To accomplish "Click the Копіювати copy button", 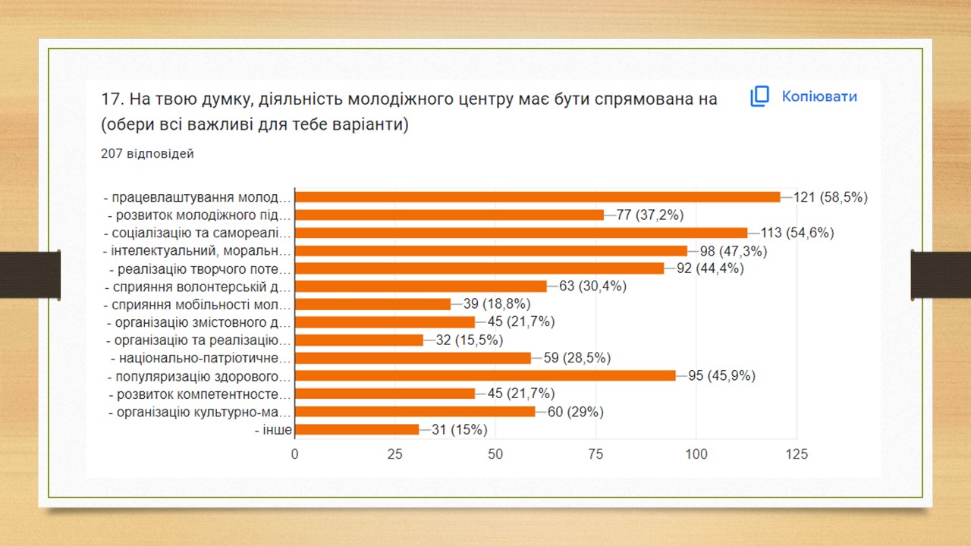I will (804, 97).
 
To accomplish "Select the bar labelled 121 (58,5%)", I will (537, 197).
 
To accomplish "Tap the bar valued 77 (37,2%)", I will (449, 215).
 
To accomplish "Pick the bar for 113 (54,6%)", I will (521, 233).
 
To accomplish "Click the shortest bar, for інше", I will (357, 430).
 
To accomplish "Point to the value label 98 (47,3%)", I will (734, 251).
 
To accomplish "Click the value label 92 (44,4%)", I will (710, 268).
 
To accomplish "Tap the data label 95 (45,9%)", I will (721, 376).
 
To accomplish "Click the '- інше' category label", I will (274, 430).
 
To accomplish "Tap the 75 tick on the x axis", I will (595, 454).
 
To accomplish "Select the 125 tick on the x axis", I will (797, 454).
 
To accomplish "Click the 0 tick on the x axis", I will (295, 454).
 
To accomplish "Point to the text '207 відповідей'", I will (147, 154).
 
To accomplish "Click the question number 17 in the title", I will (111, 99).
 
